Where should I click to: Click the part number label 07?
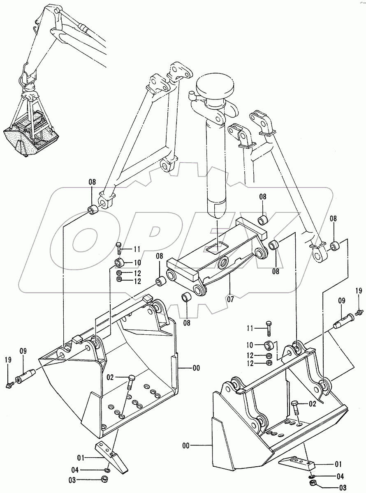230,299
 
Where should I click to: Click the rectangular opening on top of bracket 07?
217,247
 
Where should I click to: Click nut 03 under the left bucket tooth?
104,479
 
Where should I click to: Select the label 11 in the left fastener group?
137,249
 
